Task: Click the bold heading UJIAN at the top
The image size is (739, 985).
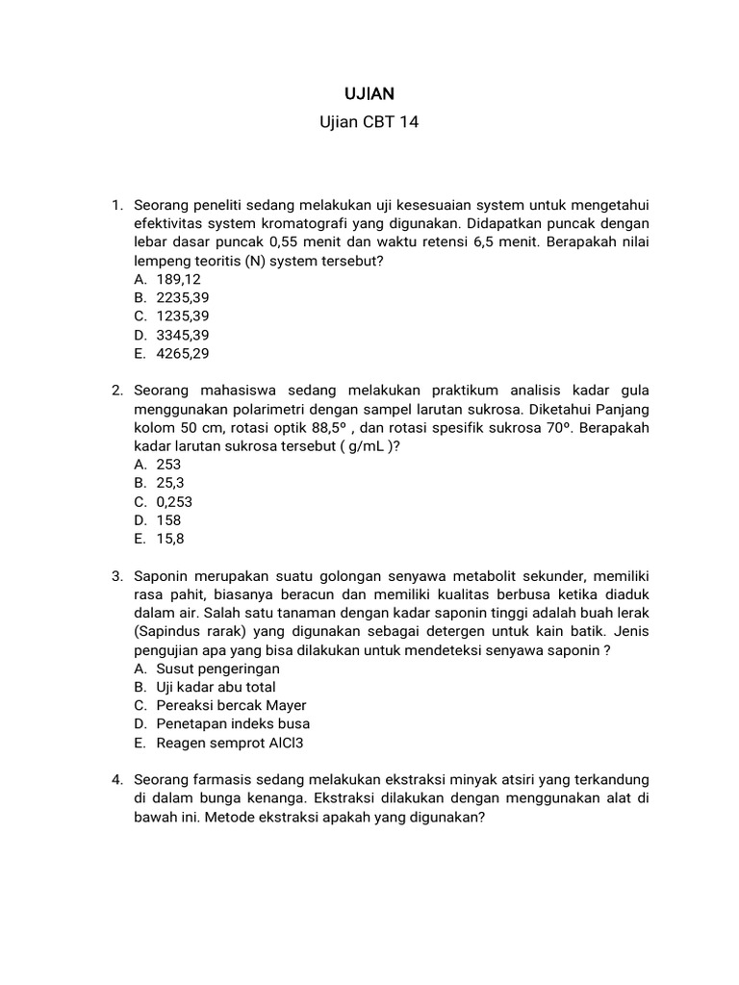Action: point(369,93)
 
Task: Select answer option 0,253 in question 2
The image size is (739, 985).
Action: point(174,501)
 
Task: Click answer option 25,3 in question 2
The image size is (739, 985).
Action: point(170,483)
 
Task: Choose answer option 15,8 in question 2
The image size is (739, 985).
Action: point(170,539)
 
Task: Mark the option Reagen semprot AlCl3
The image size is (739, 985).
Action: point(223,743)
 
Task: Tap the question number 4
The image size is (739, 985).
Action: point(116,780)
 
